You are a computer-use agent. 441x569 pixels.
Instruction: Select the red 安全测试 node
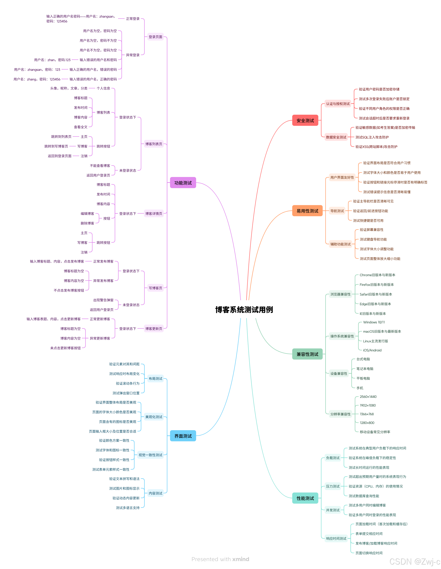pos(305,120)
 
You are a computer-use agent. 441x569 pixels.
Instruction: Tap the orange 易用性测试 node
pos(307,211)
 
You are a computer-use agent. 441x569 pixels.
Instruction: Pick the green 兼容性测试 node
pos(307,354)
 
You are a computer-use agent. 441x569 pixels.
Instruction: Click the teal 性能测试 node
pos(305,498)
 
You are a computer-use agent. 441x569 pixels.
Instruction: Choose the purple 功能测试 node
pos(183,183)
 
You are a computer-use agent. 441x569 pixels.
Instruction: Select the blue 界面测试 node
pos(183,436)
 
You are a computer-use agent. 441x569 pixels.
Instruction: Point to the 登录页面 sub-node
pos(155,37)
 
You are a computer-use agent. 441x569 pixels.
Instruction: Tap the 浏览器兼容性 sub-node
pos(340,294)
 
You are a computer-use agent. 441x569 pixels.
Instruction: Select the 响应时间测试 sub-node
pos(336,538)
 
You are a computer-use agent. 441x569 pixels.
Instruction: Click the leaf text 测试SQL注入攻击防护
pos(372,137)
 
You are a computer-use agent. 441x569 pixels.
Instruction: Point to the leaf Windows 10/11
pos(374,322)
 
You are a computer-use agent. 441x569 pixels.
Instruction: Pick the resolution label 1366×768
pos(367,414)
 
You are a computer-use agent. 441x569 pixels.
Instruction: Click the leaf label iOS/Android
pos(372,350)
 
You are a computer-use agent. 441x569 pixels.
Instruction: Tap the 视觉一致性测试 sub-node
pos(150,455)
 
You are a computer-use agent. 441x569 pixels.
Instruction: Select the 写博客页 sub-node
pos(155,288)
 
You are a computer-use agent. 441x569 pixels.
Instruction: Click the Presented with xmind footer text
pos(220,559)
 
